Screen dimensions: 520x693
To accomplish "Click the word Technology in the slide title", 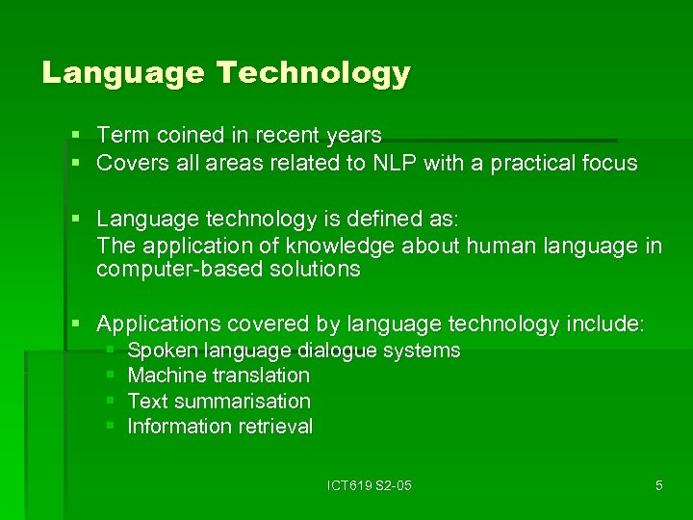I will click(314, 73).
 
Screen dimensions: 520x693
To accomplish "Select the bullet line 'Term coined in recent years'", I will click(239, 136).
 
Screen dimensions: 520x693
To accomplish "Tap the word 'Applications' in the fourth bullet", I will click(157, 325).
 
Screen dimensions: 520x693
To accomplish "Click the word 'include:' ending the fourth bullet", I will click(607, 325).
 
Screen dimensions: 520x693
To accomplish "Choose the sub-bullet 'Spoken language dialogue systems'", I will click(294, 351).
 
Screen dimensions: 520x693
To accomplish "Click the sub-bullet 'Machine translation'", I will click(218, 376).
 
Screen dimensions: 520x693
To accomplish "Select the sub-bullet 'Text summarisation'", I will click(218, 401).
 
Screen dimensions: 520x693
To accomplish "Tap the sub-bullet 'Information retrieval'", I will click(220, 426).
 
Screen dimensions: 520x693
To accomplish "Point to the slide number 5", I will click(658, 485).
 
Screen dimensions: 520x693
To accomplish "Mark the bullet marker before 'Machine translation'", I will click(110, 376).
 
